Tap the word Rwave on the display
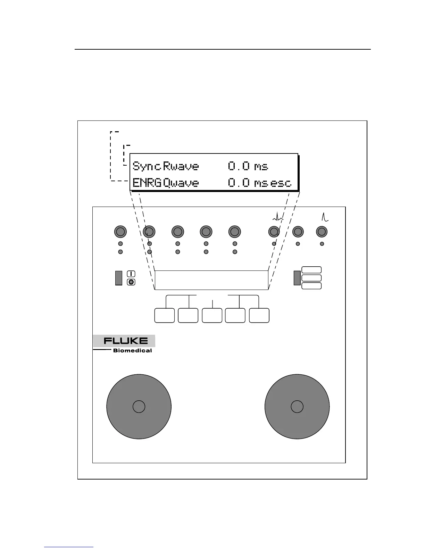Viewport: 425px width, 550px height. pos(181,166)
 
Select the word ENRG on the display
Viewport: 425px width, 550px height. pos(147,183)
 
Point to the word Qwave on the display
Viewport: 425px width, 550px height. pos(181,183)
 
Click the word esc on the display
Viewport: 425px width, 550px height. pos(281,183)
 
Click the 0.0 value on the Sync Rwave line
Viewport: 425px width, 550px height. pos(239,166)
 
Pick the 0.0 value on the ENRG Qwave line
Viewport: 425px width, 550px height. pos(239,183)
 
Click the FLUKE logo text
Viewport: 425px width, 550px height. pos(125,341)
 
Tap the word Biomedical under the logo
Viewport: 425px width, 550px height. pos(132,351)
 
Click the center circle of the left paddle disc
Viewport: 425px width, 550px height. pos(139,407)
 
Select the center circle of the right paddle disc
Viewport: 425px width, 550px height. pos(297,407)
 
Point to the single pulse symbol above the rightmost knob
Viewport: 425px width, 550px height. pos(325,217)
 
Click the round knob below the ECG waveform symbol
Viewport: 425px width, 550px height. pos(274,232)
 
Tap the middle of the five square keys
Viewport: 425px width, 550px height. pos(212,315)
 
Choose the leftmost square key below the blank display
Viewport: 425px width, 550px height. pos(164,315)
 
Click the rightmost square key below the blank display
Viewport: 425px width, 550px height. pos(259,315)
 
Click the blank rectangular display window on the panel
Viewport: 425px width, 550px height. pos(211,280)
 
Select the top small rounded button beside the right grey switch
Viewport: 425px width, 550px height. pos(311,270)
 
